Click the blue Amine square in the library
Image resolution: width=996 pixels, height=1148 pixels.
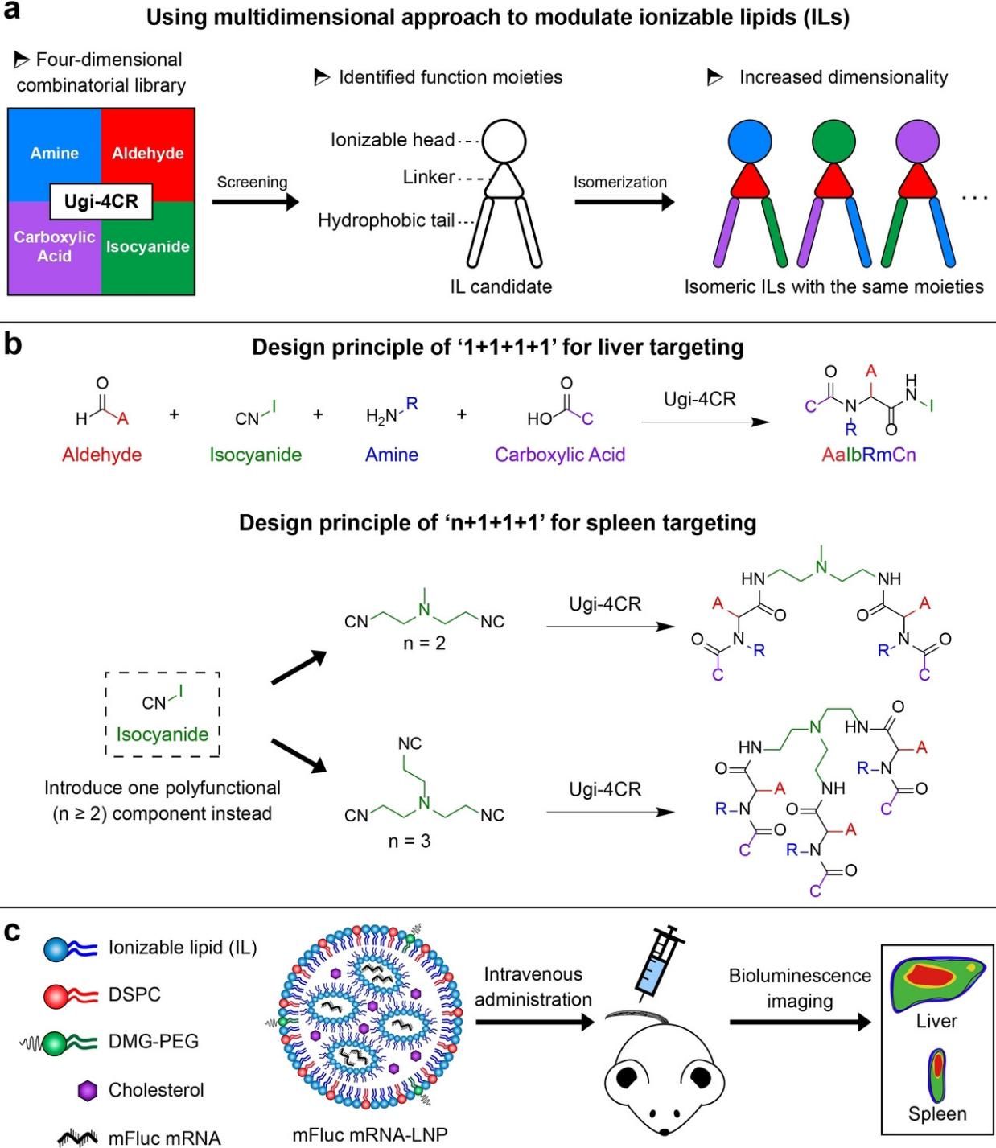pyautogui.click(x=54, y=153)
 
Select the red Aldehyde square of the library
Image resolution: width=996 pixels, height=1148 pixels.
pyautogui.click(x=148, y=153)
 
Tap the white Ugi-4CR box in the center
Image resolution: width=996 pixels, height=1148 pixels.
pyautogui.click(x=101, y=201)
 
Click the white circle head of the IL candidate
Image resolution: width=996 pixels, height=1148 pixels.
pyautogui.click(x=504, y=141)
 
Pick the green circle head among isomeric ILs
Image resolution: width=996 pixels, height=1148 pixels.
pyautogui.click(x=834, y=141)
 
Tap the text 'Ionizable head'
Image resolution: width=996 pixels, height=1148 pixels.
pyautogui.click(x=393, y=140)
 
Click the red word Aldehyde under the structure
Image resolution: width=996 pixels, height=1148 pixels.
pyautogui.click(x=101, y=455)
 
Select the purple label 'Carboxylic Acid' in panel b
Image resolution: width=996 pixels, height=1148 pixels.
pyautogui.click(x=560, y=455)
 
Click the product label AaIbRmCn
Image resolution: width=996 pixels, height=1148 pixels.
pyautogui.click(x=869, y=455)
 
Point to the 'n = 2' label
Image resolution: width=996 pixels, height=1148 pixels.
pyautogui.click(x=424, y=644)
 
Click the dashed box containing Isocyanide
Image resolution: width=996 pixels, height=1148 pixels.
pyautogui.click(x=163, y=714)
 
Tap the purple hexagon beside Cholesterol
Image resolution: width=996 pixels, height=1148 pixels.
pyautogui.click(x=87, y=1091)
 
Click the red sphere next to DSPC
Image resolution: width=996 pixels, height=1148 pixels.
pyautogui.click(x=58, y=996)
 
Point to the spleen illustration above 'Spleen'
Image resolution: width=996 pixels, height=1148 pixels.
pyautogui.click(x=937, y=1074)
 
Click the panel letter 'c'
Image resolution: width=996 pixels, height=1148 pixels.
pyautogui.click(x=12, y=931)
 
